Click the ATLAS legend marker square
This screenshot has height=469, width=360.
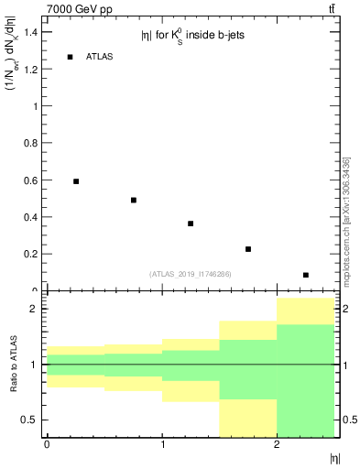[70, 57]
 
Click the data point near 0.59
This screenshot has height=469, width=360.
[76, 181]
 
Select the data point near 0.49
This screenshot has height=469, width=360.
[134, 200]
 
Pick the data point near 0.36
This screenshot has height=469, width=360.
[191, 224]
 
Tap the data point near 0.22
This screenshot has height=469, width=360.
[248, 249]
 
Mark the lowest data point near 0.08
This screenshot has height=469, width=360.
[306, 275]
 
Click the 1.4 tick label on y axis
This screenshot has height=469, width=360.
[31, 32]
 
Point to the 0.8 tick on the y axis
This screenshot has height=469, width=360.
[31, 144]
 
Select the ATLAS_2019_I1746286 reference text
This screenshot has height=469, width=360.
[191, 273]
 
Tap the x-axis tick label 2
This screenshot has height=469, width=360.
[277, 445]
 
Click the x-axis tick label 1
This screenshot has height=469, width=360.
[162, 445]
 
